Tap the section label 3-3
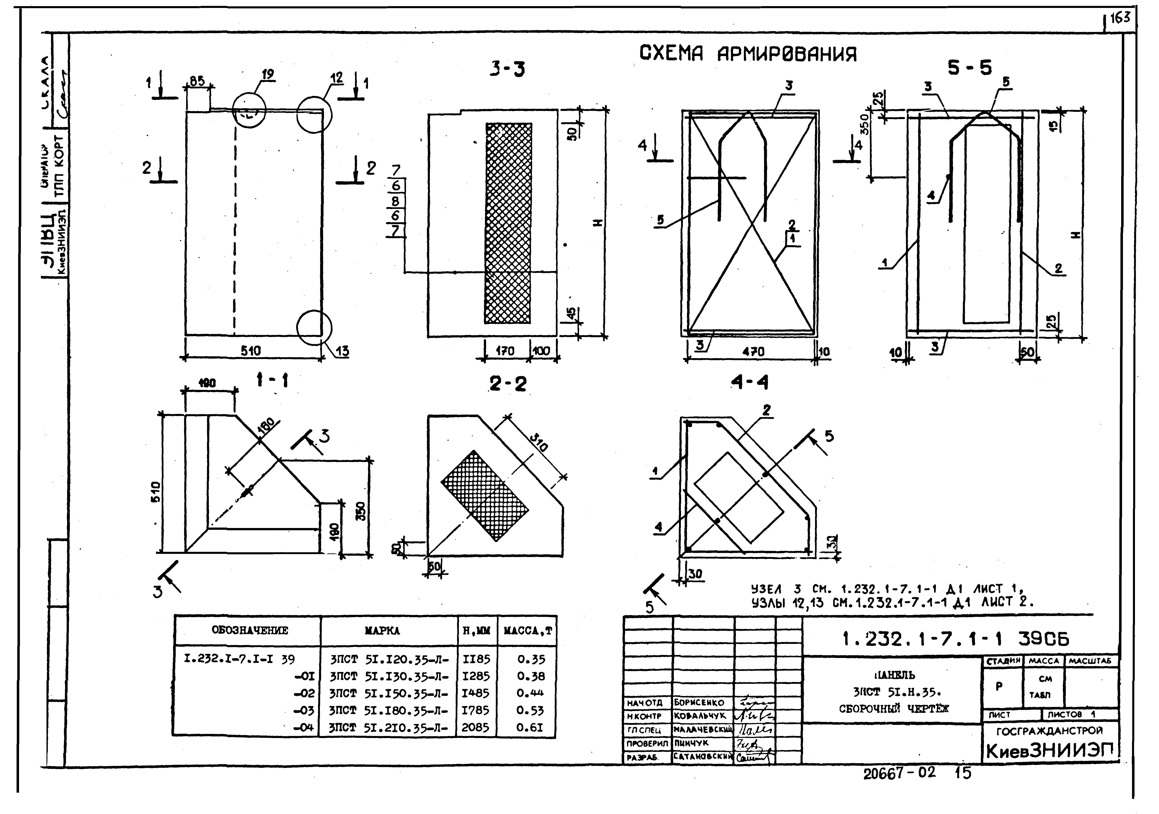click(x=507, y=69)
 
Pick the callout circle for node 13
click(x=314, y=328)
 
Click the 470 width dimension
click(x=753, y=352)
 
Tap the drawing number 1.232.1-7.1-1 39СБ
click(x=956, y=639)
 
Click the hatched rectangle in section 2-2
click(x=485, y=496)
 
